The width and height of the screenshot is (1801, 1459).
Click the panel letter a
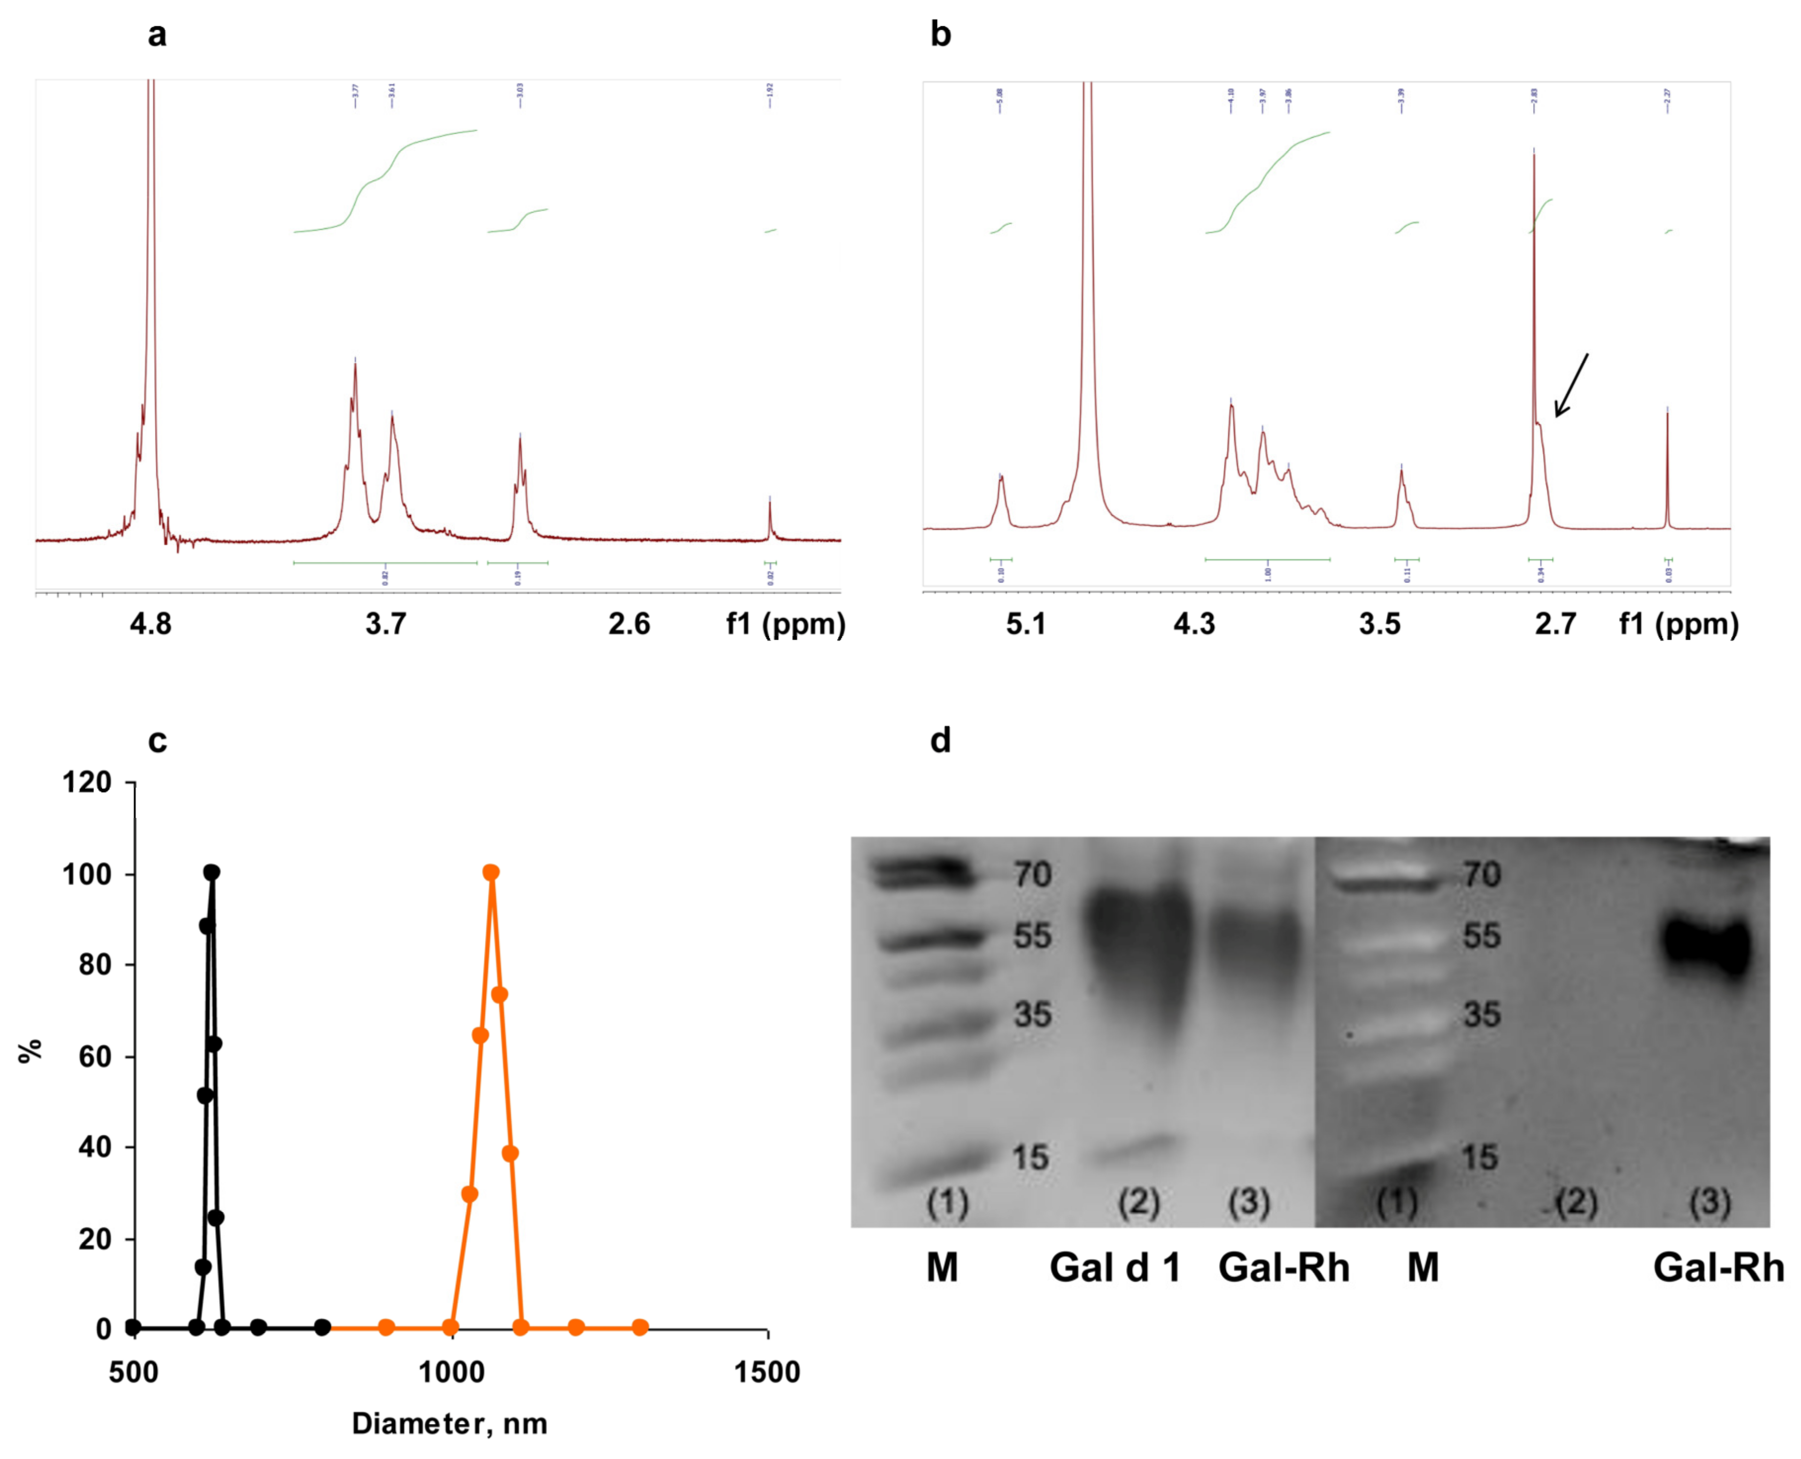157,35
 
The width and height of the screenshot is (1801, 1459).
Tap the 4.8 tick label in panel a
151,624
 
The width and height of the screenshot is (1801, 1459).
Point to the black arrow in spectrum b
1571,385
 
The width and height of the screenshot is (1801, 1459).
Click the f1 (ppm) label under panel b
1678,624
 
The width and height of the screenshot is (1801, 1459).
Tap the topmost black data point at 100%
212,873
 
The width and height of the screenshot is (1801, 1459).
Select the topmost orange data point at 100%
491,873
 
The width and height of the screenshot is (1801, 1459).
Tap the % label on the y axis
30,1051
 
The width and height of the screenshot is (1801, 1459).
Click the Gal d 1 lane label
1114,1267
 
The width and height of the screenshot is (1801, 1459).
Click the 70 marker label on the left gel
1032,875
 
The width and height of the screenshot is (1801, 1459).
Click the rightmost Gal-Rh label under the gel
1718,1267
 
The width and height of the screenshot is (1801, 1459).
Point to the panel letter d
940,740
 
